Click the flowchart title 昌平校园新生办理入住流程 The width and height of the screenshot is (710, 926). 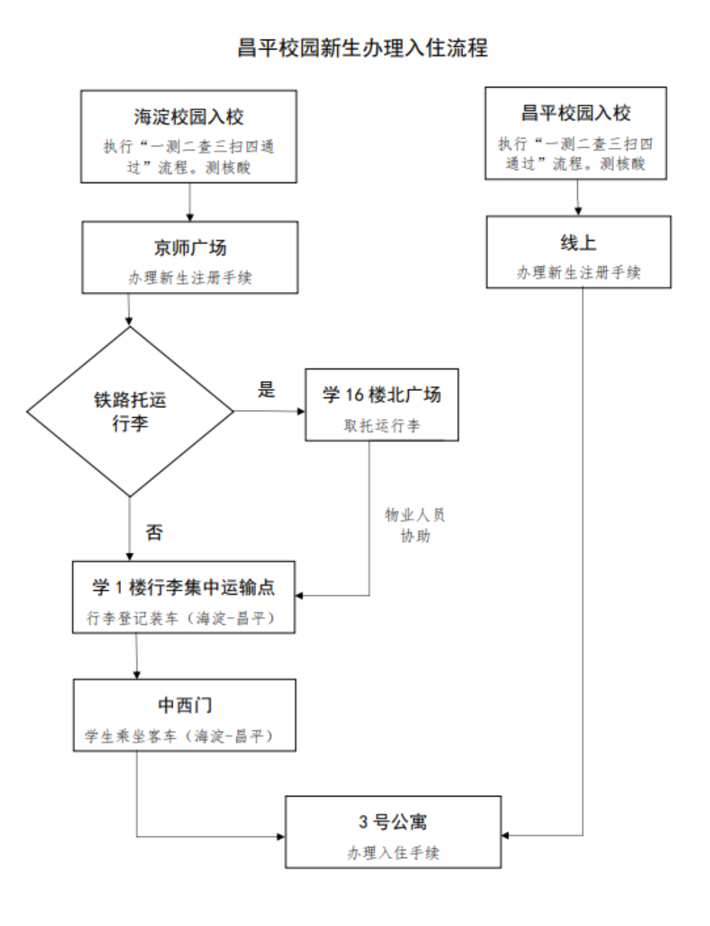[x=362, y=48]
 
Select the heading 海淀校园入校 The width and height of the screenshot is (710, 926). [x=189, y=116]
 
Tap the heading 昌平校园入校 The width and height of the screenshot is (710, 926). [x=575, y=112]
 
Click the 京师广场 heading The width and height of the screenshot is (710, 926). [x=190, y=248]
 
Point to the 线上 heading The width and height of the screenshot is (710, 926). [x=578, y=242]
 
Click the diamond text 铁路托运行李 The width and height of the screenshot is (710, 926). [x=130, y=413]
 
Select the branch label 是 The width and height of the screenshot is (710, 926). [x=266, y=389]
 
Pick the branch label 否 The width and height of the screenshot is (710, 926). [x=153, y=532]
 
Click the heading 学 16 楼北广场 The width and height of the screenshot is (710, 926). [x=382, y=394]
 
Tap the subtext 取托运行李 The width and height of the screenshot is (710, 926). [x=382, y=426]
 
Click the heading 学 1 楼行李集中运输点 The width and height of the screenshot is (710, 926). [x=184, y=587]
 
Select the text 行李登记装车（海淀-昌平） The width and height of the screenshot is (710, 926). [x=184, y=618]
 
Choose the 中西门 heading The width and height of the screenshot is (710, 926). [x=184, y=705]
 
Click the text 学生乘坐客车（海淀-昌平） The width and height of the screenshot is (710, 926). [x=184, y=737]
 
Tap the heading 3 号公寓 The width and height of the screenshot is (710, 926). [x=392, y=822]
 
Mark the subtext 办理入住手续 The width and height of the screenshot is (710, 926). [x=392, y=853]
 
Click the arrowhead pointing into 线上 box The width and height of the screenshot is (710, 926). [x=578, y=211]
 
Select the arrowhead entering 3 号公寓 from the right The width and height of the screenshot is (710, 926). [x=506, y=836]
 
